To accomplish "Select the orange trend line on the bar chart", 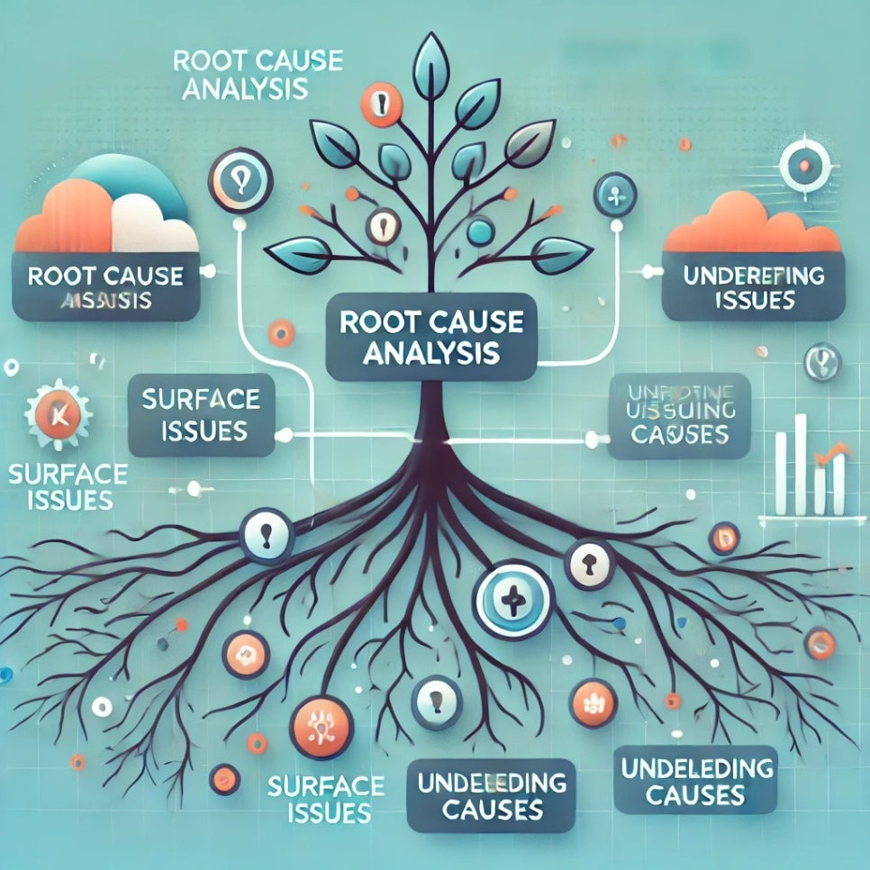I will pyautogui.click(x=831, y=454).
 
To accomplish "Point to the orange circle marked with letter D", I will pyautogui.click(x=723, y=539).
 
